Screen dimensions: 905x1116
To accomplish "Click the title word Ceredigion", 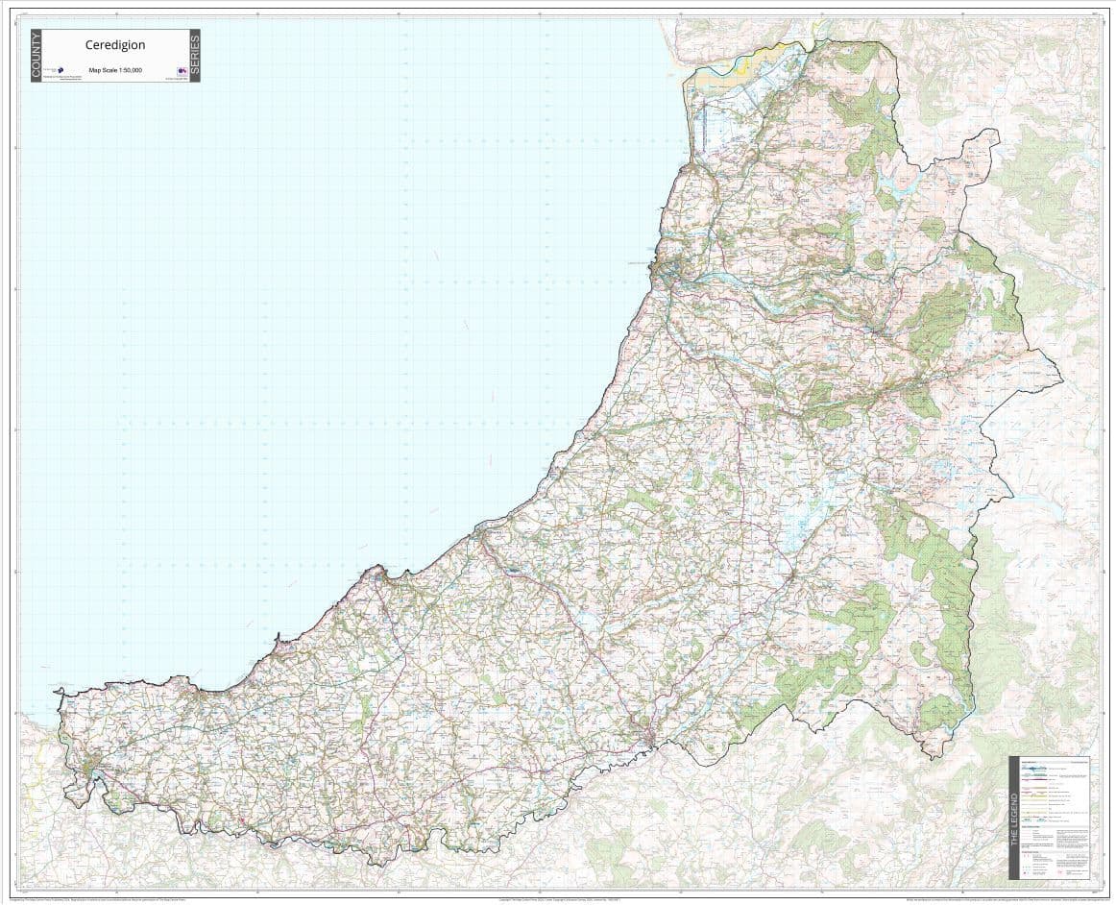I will point(114,44).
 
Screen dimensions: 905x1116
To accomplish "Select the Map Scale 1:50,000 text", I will point(115,70).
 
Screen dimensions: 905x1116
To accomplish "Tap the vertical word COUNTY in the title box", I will point(36,56).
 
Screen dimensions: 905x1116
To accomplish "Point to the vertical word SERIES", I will point(194,56).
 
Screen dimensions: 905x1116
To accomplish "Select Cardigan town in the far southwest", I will point(93,770).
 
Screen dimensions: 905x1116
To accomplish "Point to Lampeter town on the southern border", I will point(652,736).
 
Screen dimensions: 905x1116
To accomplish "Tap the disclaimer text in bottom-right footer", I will point(999,899).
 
